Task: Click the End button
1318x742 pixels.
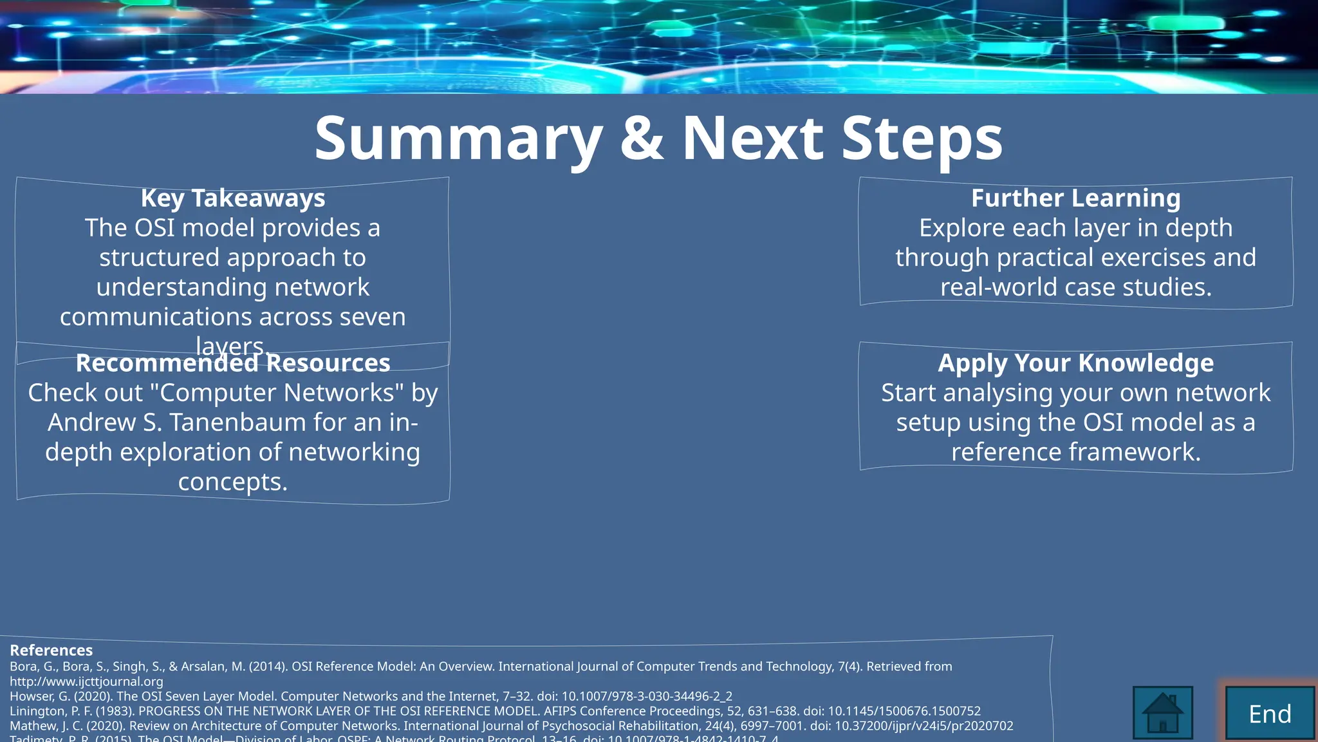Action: pos(1270,714)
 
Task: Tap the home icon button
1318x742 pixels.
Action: pos(1162,713)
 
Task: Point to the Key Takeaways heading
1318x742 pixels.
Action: pos(233,198)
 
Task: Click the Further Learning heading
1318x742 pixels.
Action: pos(1075,198)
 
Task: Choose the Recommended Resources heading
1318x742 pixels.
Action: pos(233,363)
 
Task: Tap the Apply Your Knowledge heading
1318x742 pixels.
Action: pos(1075,363)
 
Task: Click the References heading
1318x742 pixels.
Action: pos(51,650)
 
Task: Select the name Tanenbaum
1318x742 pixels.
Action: pos(255,423)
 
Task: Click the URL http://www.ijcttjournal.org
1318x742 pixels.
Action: pos(86,681)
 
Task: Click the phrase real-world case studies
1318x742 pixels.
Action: pos(1075,287)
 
